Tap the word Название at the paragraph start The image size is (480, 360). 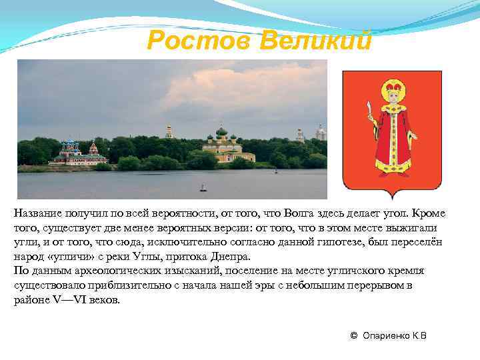coord(37,213)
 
